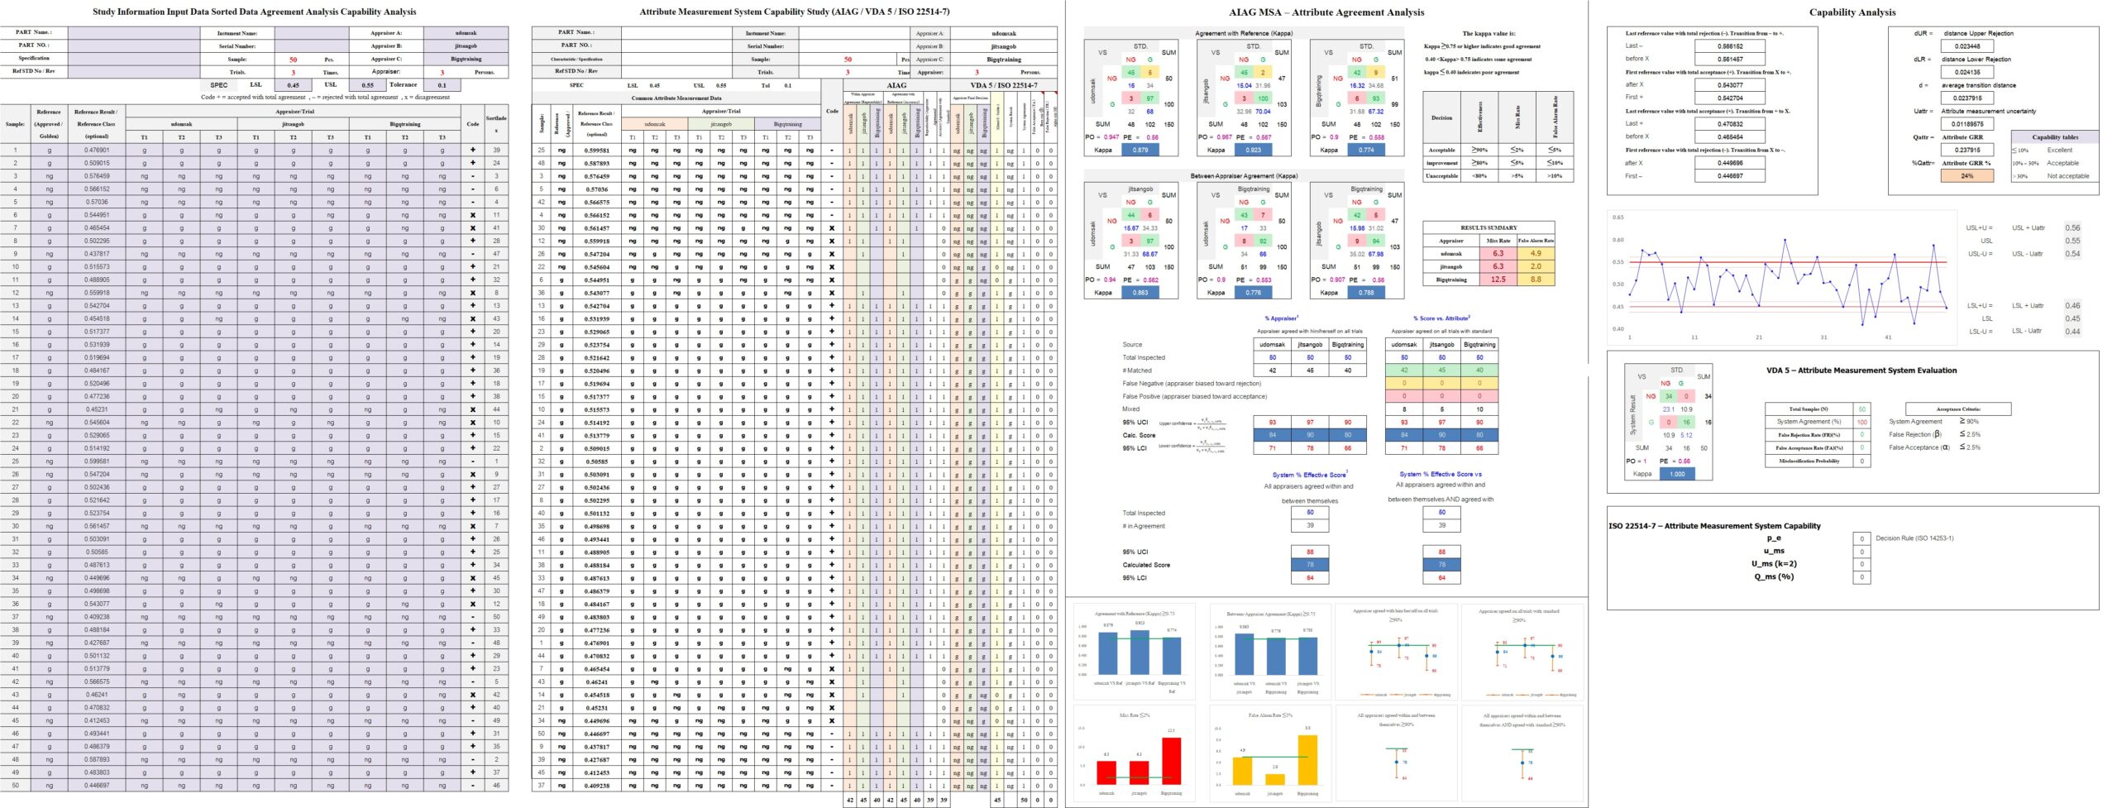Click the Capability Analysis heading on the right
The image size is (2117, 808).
1852,12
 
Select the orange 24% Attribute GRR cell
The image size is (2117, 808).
1966,176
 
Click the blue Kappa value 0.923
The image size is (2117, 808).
1253,151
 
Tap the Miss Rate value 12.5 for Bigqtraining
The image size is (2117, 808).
1498,280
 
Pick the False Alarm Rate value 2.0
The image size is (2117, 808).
1536,267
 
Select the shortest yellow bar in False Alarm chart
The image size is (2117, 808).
1275,779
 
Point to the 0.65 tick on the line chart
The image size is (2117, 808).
1618,218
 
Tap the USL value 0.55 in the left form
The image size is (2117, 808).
367,85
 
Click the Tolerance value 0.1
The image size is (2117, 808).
442,85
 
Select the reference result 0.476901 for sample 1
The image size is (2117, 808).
96,151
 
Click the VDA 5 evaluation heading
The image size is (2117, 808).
1861,371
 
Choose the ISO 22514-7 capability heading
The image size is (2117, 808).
1714,526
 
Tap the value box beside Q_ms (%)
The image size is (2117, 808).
1861,576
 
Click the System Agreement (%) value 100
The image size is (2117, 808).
1862,422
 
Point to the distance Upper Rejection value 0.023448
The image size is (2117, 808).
1966,46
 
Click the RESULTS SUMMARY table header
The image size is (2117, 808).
1489,227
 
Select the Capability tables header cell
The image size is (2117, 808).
2054,137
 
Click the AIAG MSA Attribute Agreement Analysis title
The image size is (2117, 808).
1326,12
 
